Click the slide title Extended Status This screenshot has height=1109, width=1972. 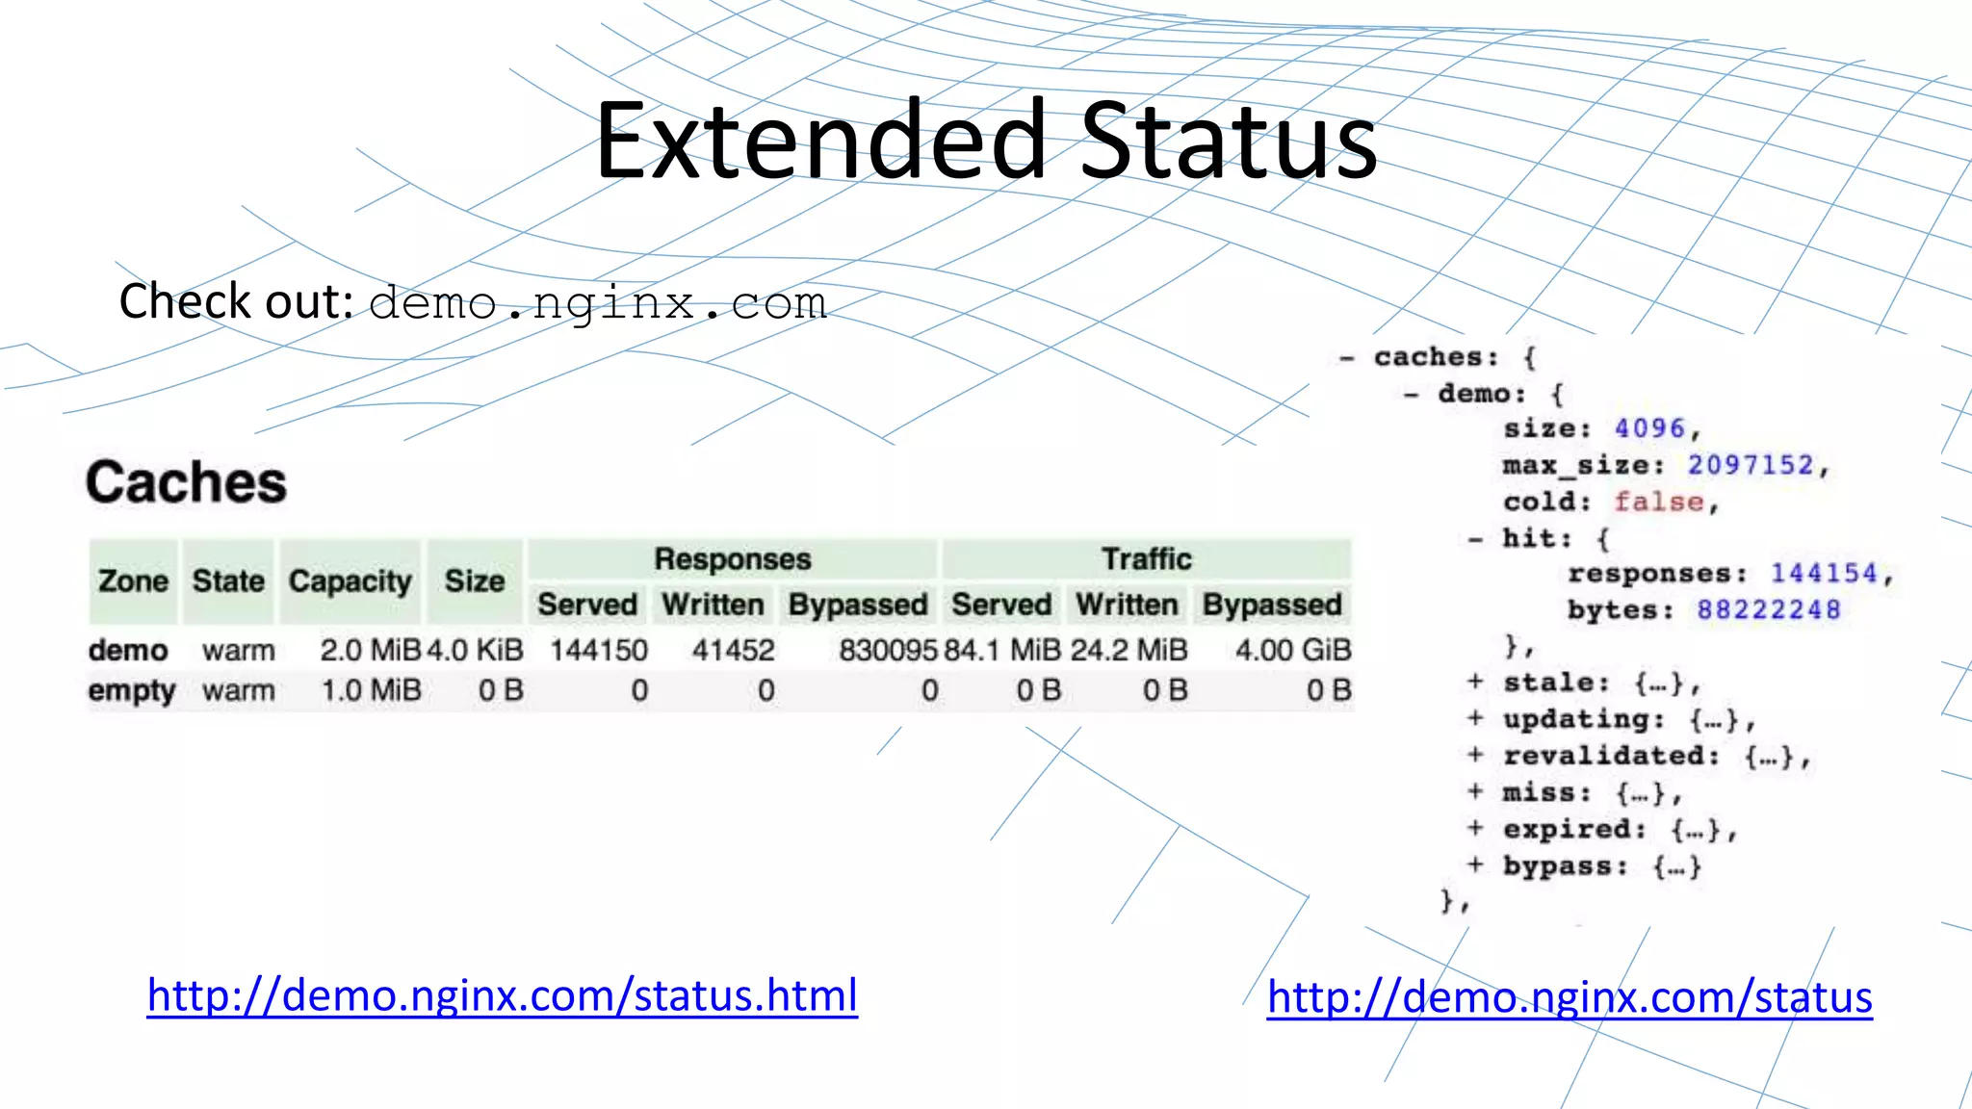tap(986, 141)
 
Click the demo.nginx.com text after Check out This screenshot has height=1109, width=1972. tap(597, 303)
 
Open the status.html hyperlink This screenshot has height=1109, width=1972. tap(502, 995)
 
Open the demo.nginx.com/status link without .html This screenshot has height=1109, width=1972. tap(1569, 997)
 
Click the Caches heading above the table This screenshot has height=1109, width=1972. tap(186, 482)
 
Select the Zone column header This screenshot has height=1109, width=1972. tap(133, 581)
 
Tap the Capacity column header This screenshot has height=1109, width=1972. tap(350, 581)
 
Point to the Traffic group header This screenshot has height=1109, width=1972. tap(1146, 559)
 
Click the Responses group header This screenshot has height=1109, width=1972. tap(732, 559)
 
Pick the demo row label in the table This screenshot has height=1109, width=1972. tap(128, 651)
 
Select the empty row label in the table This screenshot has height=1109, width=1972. tap(132, 691)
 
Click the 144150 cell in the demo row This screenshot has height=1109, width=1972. tap(598, 651)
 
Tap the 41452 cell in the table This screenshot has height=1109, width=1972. tap(733, 651)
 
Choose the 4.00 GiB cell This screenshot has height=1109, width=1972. tap(1292, 651)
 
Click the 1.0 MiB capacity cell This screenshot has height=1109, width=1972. tap(371, 691)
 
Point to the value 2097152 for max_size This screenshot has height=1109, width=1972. tap(1751, 466)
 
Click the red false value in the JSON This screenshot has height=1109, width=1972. tap(1658, 502)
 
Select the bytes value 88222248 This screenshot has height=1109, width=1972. tap(1768, 610)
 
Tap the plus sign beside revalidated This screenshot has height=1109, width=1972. tap(1475, 755)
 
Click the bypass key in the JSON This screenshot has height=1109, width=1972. tap(1563, 866)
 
